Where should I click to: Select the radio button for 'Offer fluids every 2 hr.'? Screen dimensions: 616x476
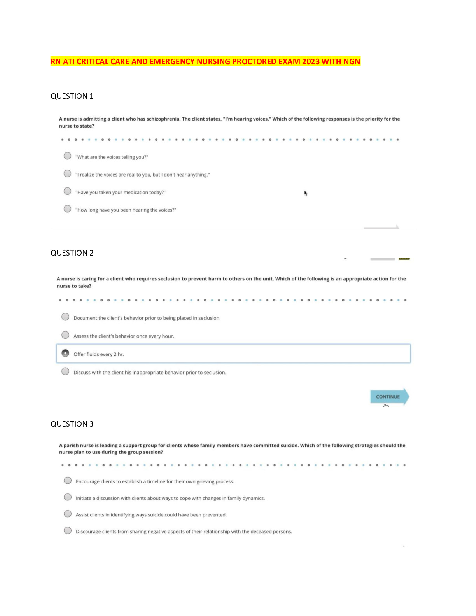[x=65, y=353]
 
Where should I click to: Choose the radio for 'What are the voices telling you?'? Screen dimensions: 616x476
[x=68, y=156]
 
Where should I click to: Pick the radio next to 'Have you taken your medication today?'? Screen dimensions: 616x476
[x=68, y=191]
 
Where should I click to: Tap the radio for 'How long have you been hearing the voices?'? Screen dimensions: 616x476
[x=68, y=209]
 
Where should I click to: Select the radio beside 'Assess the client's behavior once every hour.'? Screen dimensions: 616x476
[x=65, y=335]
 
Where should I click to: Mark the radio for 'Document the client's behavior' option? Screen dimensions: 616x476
[x=65, y=317]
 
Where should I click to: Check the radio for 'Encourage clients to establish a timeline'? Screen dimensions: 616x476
[x=68, y=481]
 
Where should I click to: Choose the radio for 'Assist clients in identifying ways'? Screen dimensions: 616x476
[x=68, y=514]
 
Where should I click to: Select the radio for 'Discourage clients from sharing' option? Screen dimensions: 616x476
[x=68, y=531]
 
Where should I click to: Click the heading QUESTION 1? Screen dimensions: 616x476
[x=72, y=96]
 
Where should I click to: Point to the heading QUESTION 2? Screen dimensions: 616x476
[x=72, y=253]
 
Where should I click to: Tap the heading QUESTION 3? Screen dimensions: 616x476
[x=72, y=424]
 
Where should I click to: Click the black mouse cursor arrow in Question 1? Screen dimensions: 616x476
[x=306, y=193]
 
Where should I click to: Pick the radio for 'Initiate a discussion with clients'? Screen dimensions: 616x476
[x=68, y=497]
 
